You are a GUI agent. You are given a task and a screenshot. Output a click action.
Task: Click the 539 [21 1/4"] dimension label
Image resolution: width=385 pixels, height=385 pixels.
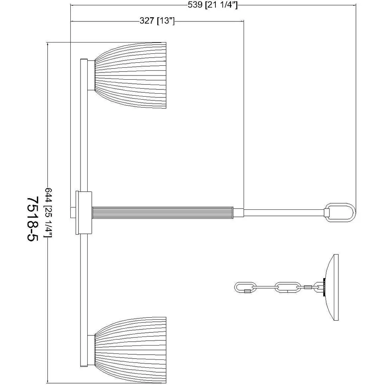[x=213, y=5]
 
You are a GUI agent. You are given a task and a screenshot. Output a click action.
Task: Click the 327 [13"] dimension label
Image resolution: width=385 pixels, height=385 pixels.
[x=157, y=21]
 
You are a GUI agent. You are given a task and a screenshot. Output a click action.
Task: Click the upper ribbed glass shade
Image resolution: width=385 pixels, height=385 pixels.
[x=130, y=75]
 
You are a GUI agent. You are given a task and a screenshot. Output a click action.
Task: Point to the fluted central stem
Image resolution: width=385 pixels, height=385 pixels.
[x=162, y=212]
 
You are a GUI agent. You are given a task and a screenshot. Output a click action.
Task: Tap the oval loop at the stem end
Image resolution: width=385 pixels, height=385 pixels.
[x=340, y=212]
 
